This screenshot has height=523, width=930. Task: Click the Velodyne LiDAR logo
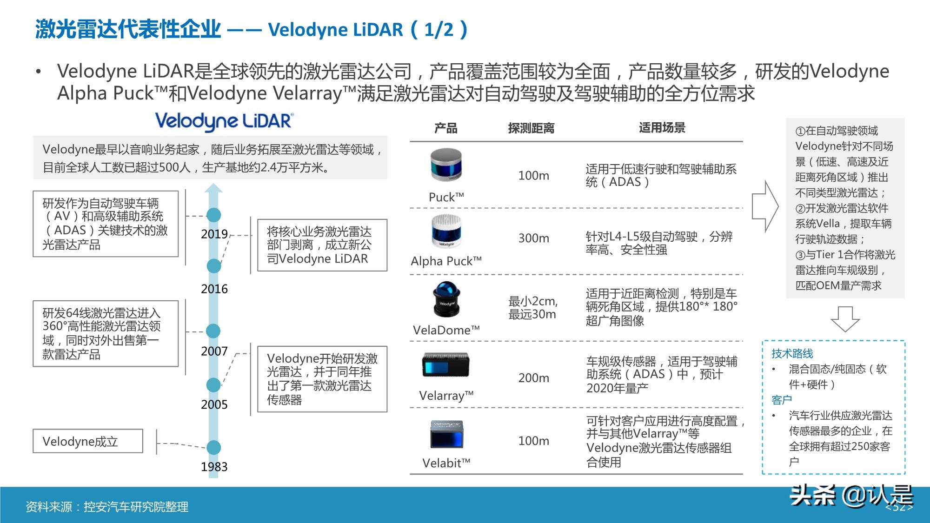224,121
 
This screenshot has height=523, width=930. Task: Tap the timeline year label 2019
214,234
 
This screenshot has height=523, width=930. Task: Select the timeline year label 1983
214,466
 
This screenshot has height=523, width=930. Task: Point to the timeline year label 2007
214,351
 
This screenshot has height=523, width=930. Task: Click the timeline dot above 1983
213,447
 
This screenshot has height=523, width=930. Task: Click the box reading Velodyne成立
88,441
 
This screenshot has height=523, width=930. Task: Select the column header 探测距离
531,128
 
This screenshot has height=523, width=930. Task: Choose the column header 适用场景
662,127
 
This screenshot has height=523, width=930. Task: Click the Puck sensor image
446,165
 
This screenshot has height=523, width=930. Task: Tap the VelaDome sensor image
446,299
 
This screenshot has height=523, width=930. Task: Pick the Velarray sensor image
446,365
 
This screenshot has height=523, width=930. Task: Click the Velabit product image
446,434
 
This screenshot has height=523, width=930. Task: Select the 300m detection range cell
533,238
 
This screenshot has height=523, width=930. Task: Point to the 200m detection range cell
533,378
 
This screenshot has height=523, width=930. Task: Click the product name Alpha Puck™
446,261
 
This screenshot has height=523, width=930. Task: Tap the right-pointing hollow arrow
765,206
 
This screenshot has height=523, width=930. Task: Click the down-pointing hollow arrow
845,318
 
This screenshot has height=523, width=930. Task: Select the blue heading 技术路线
792,353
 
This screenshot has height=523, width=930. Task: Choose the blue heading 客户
781,400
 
